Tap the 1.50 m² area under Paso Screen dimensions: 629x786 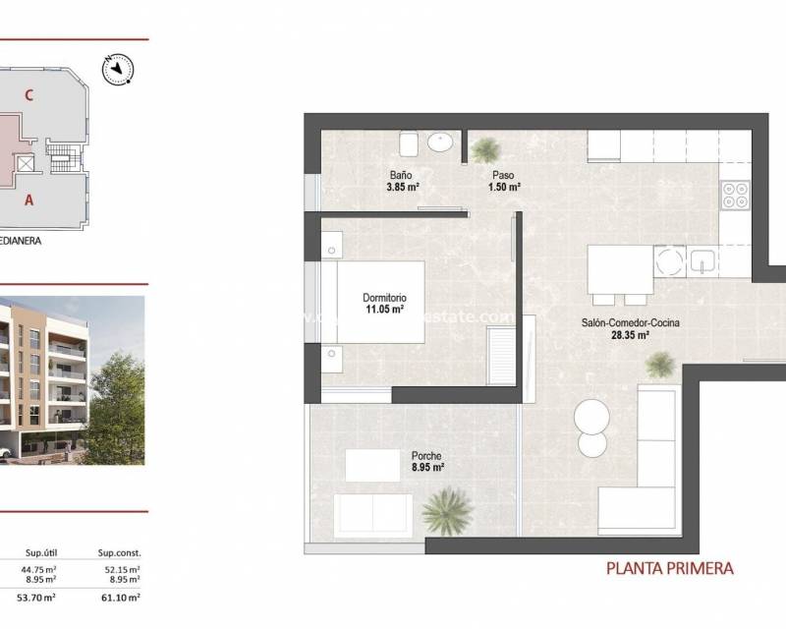(506, 187)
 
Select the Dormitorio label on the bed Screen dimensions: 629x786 (383, 298)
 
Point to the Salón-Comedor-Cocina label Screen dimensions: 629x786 (630, 322)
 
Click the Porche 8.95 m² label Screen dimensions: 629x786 (427, 462)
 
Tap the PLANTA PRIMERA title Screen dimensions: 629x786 (669, 567)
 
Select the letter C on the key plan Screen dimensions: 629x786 (30, 95)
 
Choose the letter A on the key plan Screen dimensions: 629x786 (30, 199)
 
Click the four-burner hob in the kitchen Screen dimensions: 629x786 (734, 196)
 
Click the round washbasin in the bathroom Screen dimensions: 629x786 (443, 143)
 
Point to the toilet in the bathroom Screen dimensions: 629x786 (413, 145)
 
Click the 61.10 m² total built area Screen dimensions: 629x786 (123, 597)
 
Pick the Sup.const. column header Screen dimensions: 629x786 (120, 552)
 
